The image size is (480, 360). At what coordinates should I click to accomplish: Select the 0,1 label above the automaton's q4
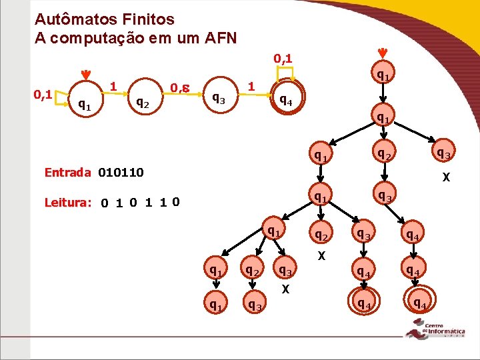pos(283,59)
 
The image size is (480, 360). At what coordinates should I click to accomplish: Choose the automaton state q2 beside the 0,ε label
pos(142,102)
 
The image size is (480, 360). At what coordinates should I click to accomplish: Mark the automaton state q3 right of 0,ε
pos(218,99)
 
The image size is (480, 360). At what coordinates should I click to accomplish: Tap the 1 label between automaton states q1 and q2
pos(114,86)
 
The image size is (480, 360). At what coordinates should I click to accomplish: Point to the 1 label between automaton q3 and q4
pos(251,86)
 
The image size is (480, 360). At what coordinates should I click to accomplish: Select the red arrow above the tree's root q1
pos(382,53)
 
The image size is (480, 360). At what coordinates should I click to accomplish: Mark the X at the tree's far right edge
pos(446,178)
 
